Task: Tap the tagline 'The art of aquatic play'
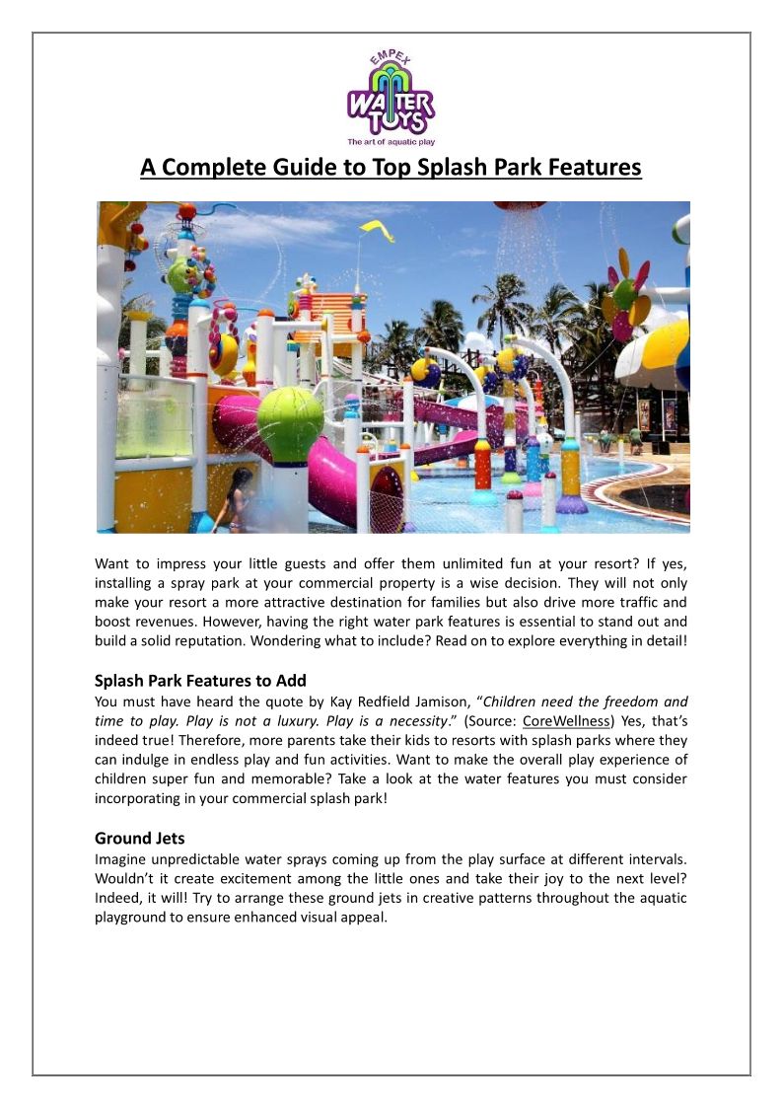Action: (391, 142)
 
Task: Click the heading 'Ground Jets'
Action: (139, 839)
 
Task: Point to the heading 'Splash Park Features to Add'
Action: (200, 681)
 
